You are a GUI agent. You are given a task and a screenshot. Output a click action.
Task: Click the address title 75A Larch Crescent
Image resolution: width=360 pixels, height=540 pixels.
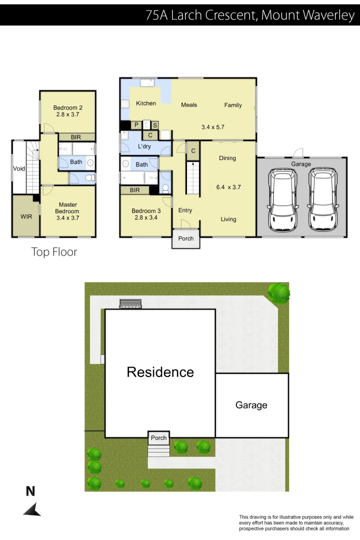(x=249, y=15)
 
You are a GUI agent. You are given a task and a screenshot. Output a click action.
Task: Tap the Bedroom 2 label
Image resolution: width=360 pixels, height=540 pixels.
(x=67, y=107)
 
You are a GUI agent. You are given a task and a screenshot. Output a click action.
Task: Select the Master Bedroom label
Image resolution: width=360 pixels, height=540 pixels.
(x=67, y=208)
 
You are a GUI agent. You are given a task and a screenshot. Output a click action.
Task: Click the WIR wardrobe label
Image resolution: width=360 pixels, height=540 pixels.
(x=26, y=216)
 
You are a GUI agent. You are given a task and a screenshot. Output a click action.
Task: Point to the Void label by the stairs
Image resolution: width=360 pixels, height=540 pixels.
(x=18, y=168)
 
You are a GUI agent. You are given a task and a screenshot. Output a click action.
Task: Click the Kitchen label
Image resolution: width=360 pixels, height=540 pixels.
(x=146, y=103)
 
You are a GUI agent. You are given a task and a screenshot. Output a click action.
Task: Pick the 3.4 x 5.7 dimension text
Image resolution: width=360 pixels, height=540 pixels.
(x=212, y=127)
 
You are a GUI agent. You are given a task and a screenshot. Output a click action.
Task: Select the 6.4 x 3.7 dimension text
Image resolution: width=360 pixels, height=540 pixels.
(x=228, y=187)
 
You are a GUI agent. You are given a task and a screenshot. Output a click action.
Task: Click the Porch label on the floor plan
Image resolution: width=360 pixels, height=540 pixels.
(x=186, y=238)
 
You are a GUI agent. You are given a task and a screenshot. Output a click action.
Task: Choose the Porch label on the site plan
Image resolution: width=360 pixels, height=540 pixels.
(x=158, y=438)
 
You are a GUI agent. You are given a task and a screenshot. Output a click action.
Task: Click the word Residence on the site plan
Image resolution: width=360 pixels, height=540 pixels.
(x=160, y=372)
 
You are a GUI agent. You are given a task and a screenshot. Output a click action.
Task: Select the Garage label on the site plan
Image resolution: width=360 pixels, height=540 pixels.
(x=251, y=405)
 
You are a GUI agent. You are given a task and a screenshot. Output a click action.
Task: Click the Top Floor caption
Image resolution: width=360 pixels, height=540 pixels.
(x=54, y=252)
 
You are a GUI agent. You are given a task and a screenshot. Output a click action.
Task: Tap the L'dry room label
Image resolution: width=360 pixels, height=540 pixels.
(x=144, y=146)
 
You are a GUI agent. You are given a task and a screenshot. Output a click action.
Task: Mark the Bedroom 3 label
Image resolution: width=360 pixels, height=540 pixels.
(x=146, y=214)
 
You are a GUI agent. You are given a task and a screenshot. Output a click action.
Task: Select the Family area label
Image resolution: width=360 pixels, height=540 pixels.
(x=233, y=105)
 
